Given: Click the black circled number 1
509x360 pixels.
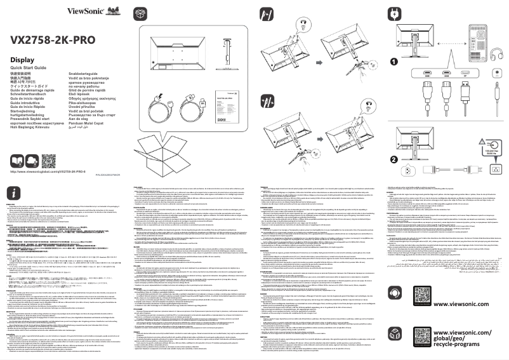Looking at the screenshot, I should (x=394, y=62).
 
